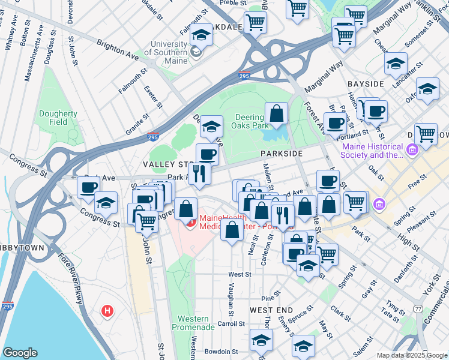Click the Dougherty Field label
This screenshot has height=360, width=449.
click(x=58, y=118)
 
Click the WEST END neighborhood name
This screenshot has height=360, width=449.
click(x=271, y=310)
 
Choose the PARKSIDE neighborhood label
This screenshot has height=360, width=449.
click(x=280, y=154)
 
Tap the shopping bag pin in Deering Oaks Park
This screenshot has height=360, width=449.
click(x=276, y=113)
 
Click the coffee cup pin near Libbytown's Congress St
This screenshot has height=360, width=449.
click(x=88, y=187)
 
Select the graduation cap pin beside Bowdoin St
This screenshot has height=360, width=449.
click(x=261, y=340)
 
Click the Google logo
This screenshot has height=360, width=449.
click(x=20, y=353)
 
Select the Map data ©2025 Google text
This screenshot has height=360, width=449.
click(x=411, y=355)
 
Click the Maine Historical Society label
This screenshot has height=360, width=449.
click(x=372, y=151)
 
